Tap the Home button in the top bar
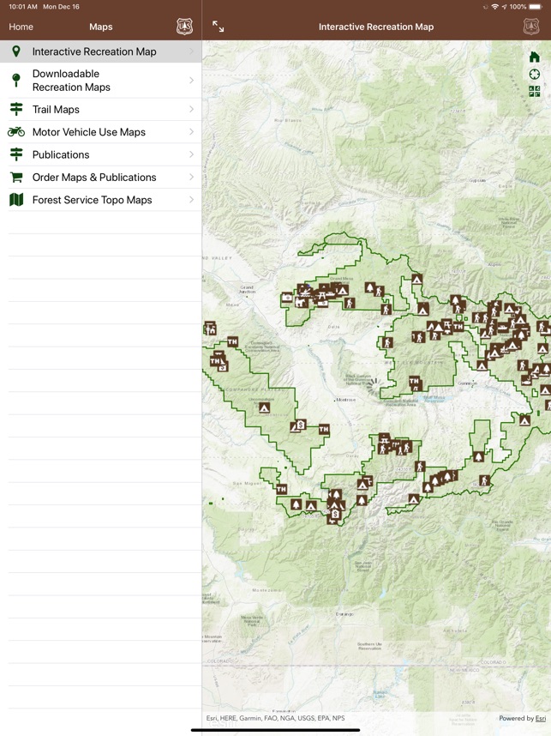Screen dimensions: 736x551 (21, 27)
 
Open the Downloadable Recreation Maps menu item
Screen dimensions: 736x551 (71, 81)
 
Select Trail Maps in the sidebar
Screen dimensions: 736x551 (56, 110)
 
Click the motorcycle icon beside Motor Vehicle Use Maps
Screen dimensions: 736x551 (16, 132)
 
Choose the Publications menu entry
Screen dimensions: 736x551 (61, 155)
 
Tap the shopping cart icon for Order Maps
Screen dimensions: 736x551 (16, 178)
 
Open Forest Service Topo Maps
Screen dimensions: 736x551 (92, 200)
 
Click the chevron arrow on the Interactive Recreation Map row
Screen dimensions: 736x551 (191, 51)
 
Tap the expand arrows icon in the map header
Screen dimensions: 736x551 (219, 27)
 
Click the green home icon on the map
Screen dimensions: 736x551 (535, 57)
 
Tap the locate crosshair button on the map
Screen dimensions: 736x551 (535, 75)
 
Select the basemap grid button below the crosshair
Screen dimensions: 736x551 (535, 92)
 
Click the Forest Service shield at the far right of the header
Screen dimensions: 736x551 (531, 27)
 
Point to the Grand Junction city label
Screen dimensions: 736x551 (247, 290)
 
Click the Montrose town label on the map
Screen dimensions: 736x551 (345, 400)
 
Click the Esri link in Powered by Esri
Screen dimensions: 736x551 (541, 718)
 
